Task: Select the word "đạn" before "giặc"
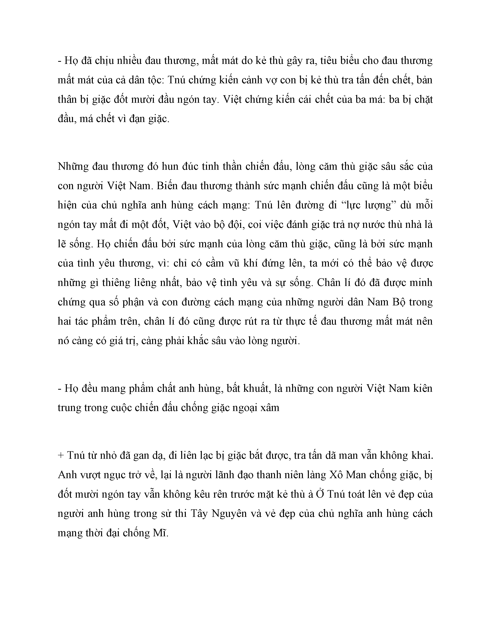pyautogui.click(x=138, y=119)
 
